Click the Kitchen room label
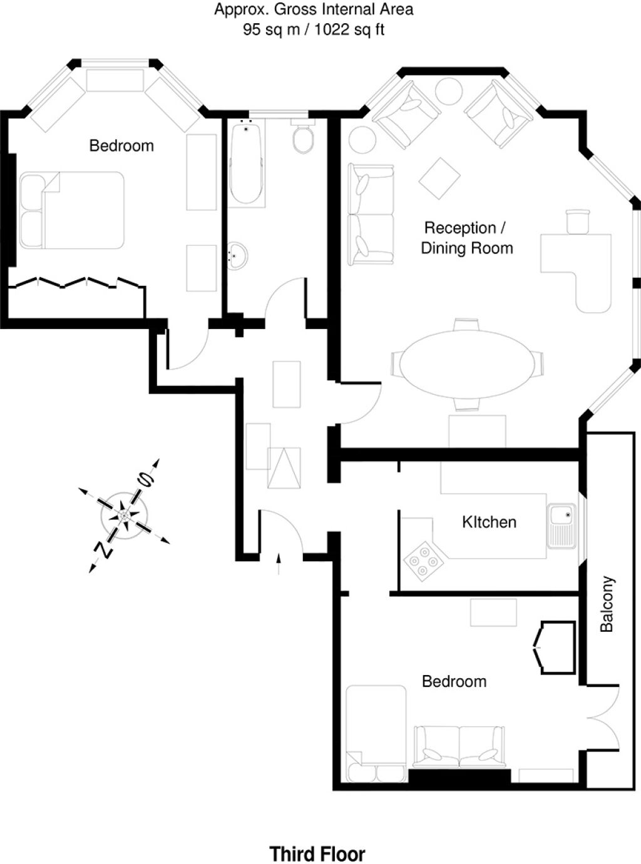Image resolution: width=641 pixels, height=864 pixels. [x=489, y=522]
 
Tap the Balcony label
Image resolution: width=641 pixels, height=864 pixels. [x=607, y=603]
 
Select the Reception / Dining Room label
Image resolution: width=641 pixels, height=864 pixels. [x=467, y=238]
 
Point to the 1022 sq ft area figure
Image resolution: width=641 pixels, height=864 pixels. [x=349, y=29]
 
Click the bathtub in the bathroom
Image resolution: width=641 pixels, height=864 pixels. [x=246, y=163]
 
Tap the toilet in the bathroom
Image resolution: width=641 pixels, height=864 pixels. [x=302, y=136]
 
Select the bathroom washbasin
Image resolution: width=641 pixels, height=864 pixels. [x=237, y=255]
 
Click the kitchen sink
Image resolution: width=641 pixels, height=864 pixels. [x=562, y=526]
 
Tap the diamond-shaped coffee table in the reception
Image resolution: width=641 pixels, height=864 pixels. [x=440, y=178]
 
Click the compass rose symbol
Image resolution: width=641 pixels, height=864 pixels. [x=125, y=516]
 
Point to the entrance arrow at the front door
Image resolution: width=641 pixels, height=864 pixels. [x=279, y=564]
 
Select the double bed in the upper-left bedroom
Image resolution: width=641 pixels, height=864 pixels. [x=72, y=210]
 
